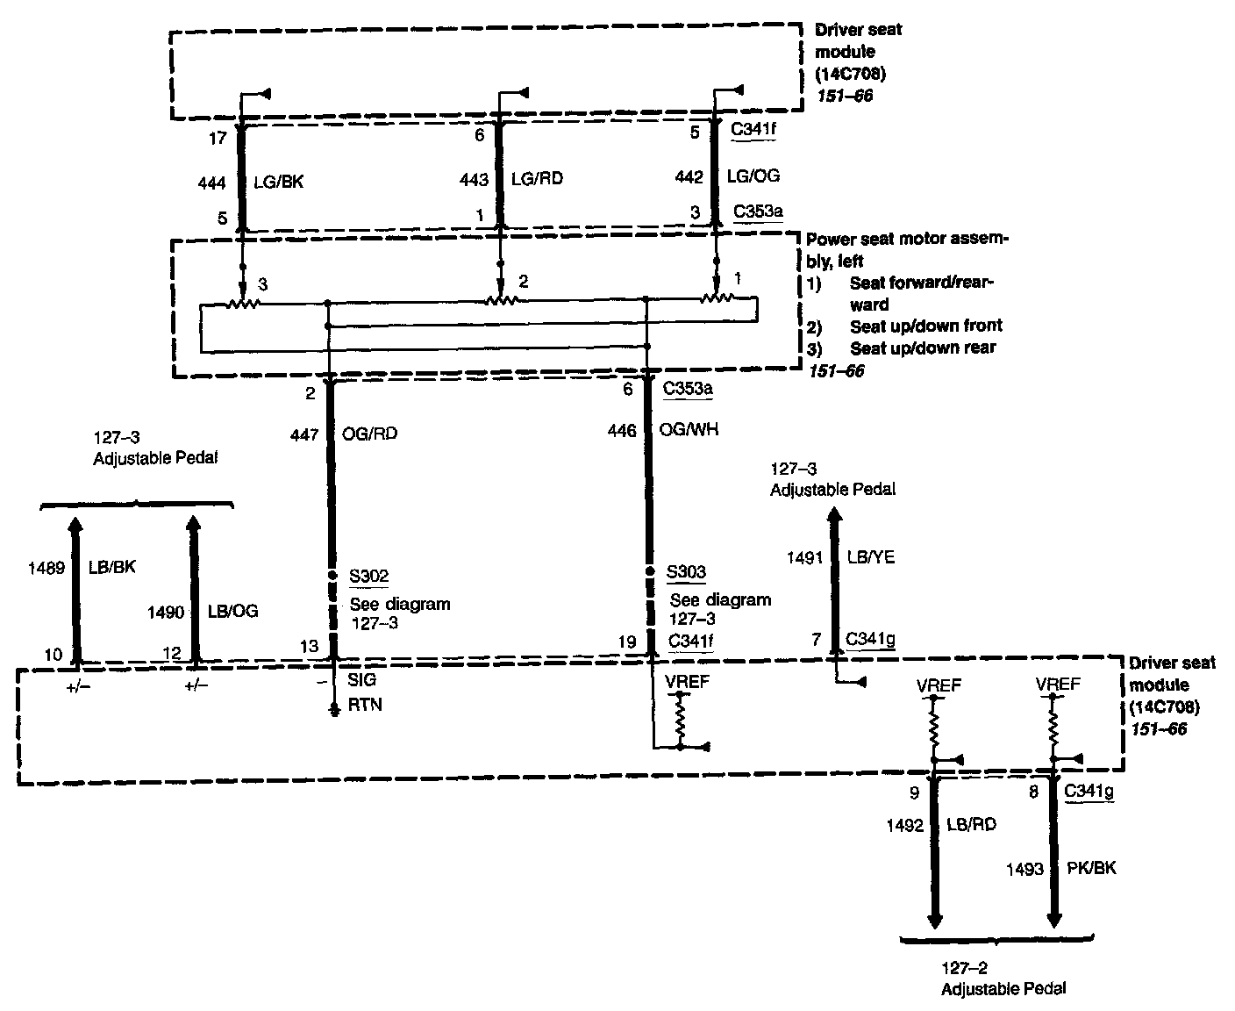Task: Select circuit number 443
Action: (x=475, y=179)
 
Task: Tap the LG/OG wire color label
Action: (x=753, y=176)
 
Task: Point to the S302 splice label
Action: (x=369, y=577)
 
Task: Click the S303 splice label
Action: (x=686, y=573)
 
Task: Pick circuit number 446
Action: (x=622, y=431)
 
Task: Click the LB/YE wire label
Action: (x=870, y=557)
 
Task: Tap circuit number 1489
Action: (x=46, y=569)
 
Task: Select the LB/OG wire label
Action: (x=233, y=611)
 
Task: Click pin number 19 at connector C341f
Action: (x=626, y=642)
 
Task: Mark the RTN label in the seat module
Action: (x=365, y=705)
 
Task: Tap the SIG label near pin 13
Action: (x=361, y=680)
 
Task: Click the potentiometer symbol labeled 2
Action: (x=503, y=299)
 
